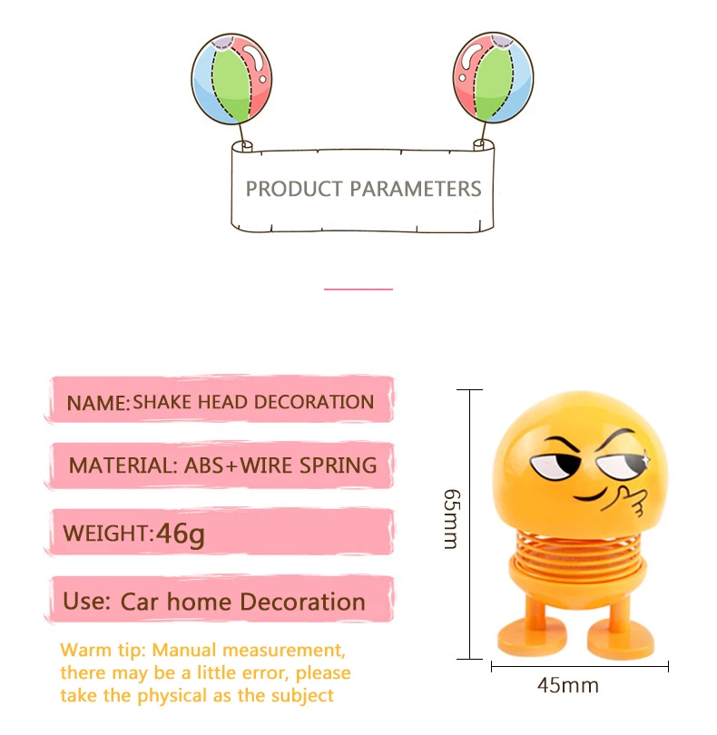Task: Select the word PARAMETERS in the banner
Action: [416, 190]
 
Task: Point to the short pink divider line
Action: [358, 289]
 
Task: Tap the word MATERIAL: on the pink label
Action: [122, 466]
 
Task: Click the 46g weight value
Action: [181, 533]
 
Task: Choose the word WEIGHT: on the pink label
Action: [107, 534]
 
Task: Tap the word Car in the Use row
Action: [140, 602]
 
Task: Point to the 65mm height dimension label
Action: [450, 517]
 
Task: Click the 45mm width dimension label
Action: [568, 685]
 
